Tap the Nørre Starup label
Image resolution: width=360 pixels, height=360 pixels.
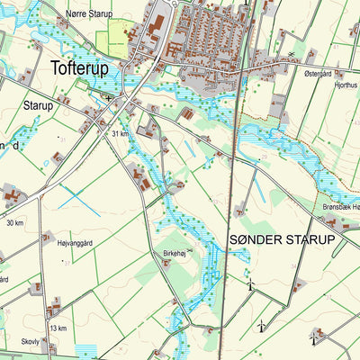coord(89,14)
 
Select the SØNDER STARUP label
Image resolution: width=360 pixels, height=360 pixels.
coord(282,239)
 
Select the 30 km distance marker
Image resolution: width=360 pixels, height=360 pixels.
coord(14,222)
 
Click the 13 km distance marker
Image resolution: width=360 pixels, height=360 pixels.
coord(58,328)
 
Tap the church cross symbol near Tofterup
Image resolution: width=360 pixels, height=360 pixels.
coord(109,96)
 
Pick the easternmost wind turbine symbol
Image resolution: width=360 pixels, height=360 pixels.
coord(313,337)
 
